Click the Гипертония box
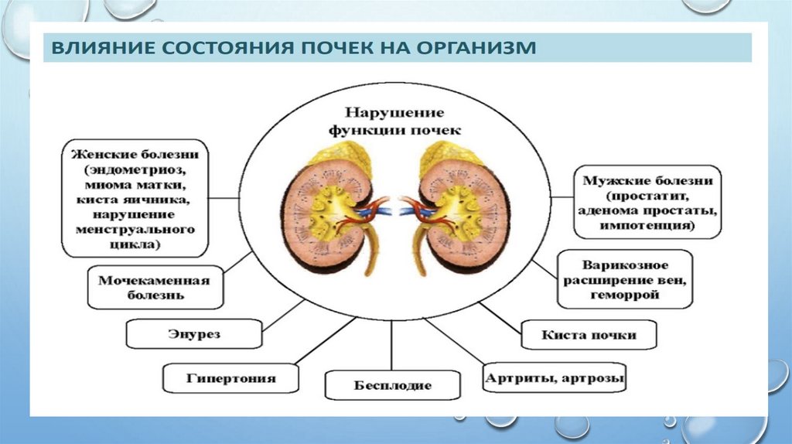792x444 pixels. [x=220, y=378]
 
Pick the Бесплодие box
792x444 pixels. [x=392, y=384]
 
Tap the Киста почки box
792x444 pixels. [x=589, y=335]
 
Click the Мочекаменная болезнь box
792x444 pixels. [x=160, y=287]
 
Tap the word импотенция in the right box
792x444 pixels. [x=647, y=227]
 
